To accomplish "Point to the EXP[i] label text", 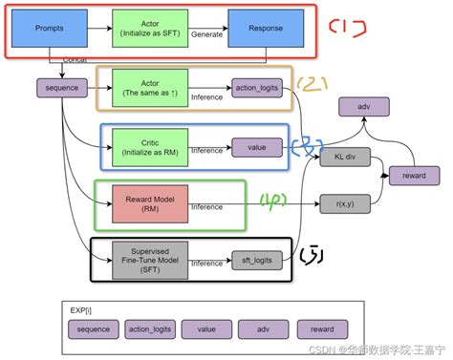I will point(80,309).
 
